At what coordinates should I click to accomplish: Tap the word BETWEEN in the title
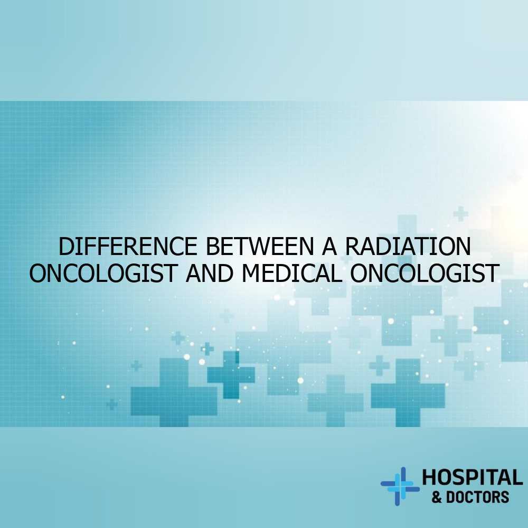tap(260, 246)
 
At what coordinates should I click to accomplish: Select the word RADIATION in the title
tap(408, 246)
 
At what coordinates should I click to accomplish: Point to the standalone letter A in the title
tap(329, 246)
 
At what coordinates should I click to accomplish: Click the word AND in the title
tap(210, 273)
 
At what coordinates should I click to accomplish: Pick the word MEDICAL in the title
tap(291, 273)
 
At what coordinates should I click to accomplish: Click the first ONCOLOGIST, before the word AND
tap(103, 273)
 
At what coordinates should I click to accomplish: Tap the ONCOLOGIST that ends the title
tap(425, 273)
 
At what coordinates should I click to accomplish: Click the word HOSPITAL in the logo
tap(473, 477)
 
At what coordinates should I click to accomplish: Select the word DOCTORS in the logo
tap(477, 497)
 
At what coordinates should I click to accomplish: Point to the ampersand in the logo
tap(437, 497)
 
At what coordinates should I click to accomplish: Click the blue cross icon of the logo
tap(400, 486)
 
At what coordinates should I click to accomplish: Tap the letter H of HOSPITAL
tap(429, 477)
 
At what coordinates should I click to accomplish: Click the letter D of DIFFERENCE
tap(66, 246)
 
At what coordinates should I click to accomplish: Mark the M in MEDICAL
tap(251, 273)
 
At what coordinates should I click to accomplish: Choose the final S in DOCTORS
tap(504, 497)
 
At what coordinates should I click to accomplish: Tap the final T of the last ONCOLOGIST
tap(491, 273)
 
